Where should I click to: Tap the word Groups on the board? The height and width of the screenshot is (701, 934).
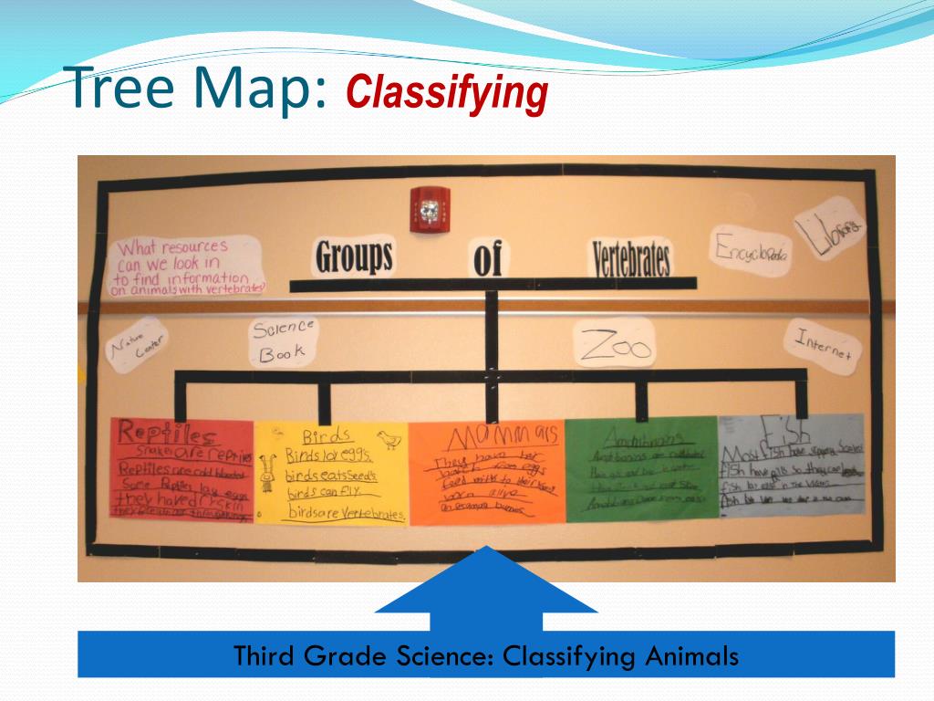354,256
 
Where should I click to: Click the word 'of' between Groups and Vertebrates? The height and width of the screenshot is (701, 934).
487,259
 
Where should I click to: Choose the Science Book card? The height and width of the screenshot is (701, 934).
284,340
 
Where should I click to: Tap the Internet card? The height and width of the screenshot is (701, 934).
823,345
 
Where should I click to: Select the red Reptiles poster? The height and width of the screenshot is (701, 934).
182,469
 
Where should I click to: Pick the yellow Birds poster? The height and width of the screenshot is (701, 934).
331,473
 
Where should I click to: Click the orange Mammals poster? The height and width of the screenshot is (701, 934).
486,473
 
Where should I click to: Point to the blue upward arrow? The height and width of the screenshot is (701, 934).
486,589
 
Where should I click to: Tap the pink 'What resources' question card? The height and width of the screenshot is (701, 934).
186,267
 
